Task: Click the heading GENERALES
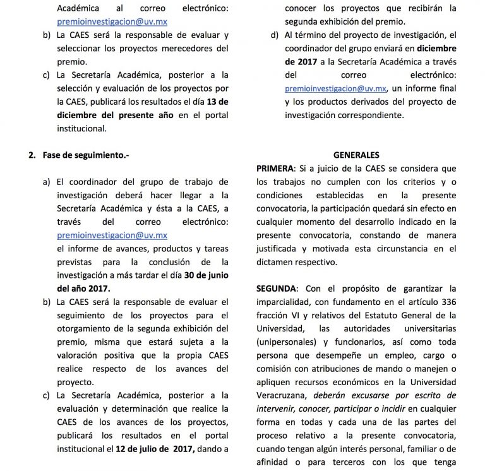[356, 155]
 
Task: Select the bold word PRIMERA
[275, 169]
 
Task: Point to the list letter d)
[275, 35]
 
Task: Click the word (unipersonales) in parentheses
[286, 342]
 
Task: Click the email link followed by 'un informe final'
[336, 88]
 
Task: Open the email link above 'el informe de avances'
[112, 235]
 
